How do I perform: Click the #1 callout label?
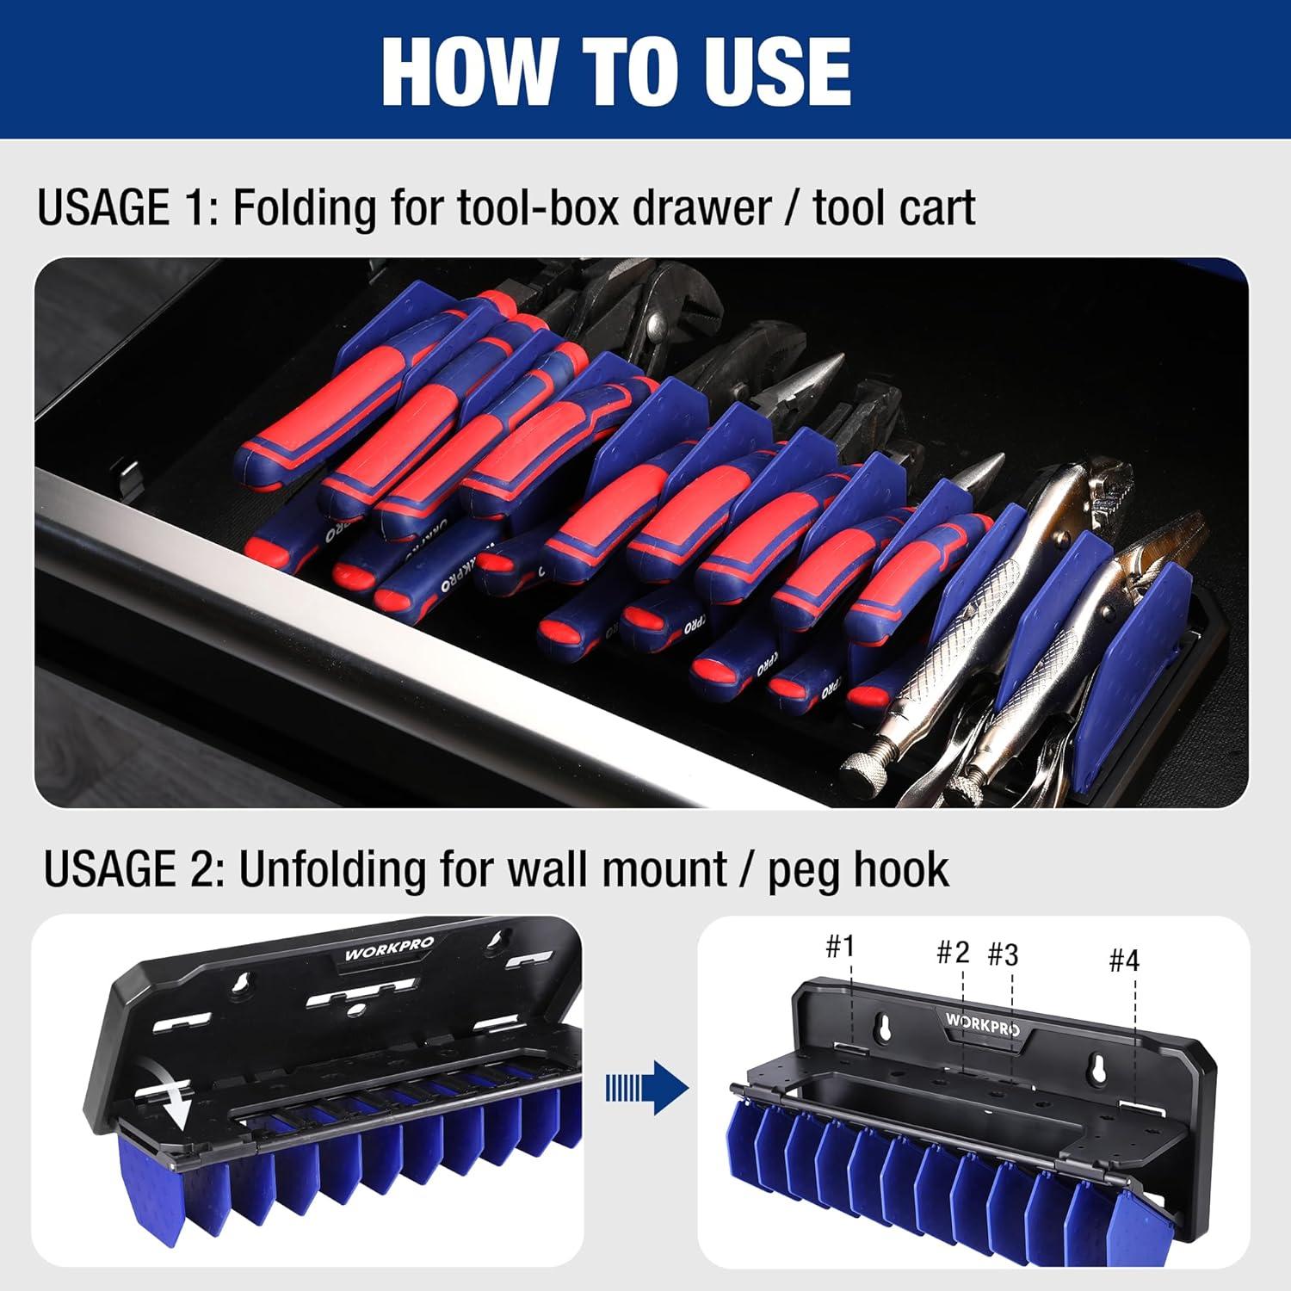(x=839, y=947)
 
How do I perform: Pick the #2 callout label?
(x=953, y=952)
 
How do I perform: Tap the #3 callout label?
(x=1003, y=954)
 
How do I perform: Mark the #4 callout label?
(x=1123, y=960)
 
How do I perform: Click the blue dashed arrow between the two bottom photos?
(x=646, y=1088)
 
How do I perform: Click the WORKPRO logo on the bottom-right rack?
(x=983, y=1022)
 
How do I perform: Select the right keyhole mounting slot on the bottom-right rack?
(x=1097, y=1066)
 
